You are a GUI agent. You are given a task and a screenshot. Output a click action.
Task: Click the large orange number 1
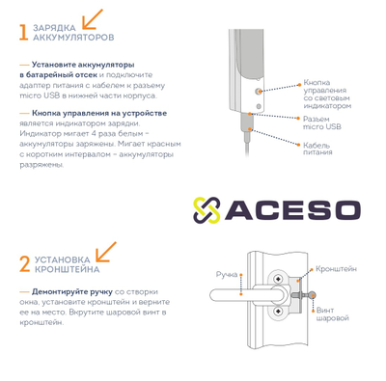point(24,32)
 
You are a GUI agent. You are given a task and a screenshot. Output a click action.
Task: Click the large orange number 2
point(25,264)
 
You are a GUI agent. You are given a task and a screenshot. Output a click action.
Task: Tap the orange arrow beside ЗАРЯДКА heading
point(93,19)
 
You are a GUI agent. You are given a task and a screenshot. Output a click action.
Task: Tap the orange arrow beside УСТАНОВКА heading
point(106,252)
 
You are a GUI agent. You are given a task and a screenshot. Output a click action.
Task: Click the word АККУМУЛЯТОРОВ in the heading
point(73,38)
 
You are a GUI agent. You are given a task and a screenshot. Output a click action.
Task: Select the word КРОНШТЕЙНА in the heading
point(67,269)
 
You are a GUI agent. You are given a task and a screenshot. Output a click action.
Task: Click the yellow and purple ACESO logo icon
point(207,210)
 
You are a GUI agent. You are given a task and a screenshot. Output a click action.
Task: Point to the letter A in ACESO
point(238,210)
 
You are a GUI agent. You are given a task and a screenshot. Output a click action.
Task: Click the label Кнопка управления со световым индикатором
point(327,95)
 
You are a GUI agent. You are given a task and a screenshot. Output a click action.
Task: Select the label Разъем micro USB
point(322,122)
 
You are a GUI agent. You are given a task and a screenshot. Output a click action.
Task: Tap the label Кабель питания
point(317,149)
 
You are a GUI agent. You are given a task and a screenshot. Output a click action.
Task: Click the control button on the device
point(258,92)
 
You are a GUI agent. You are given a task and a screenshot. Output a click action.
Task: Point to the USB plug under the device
point(247,122)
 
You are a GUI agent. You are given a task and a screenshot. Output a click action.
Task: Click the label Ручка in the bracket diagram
point(227,275)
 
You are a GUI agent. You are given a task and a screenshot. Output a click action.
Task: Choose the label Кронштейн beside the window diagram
point(336,269)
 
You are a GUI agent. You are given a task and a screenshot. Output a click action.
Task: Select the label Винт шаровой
point(332,314)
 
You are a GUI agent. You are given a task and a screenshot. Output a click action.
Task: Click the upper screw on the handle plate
point(278,278)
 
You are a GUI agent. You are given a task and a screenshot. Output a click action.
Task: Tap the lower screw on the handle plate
point(278,311)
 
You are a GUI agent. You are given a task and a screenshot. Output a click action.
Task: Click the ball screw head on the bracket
point(312,294)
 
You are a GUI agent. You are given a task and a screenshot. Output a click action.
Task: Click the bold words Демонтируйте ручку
point(72,292)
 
